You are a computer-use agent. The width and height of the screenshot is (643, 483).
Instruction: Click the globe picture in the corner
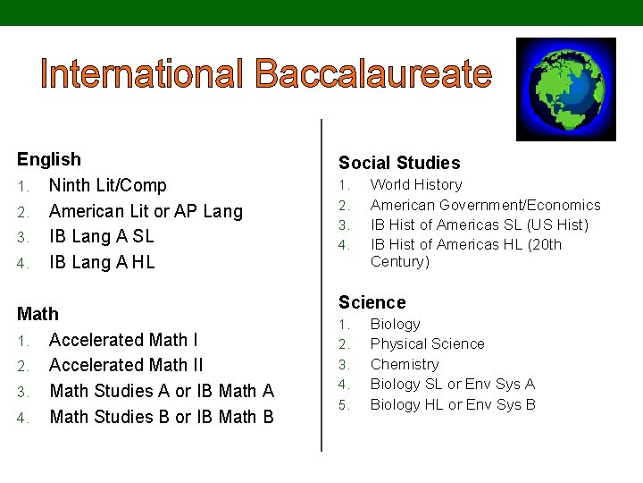pyautogui.click(x=566, y=89)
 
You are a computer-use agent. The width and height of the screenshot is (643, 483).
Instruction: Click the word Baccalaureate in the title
pyautogui.click(x=373, y=74)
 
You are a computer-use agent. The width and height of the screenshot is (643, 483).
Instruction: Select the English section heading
pyautogui.click(x=49, y=159)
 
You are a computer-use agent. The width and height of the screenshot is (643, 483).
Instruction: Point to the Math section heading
pyautogui.click(x=38, y=314)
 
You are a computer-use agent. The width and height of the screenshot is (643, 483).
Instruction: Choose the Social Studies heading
pyautogui.click(x=399, y=163)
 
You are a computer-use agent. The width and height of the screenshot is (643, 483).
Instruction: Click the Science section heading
pyautogui.click(x=372, y=302)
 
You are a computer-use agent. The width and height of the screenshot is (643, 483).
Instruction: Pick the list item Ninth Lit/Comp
pyautogui.click(x=107, y=185)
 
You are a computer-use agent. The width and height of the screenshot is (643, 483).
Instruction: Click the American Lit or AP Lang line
pyautogui.click(x=146, y=211)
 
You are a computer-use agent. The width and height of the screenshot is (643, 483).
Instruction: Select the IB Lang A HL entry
pyautogui.click(x=102, y=262)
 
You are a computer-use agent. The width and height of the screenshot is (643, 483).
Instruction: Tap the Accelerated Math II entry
pyautogui.click(x=126, y=365)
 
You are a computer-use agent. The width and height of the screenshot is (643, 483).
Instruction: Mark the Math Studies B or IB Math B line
pyautogui.click(x=162, y=417)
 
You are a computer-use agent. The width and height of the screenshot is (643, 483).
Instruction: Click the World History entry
pyautogui.click(x=416, y=184)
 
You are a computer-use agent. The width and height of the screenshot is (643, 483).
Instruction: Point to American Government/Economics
pyautogui.click(x=486, y=205)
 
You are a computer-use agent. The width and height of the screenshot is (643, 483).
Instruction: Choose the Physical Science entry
pyautogui.click(x=427, y=343)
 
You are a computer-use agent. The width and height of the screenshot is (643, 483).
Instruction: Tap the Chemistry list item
pyautogui.click(x=405, y=364)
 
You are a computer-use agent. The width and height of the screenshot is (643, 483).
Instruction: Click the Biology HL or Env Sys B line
pyautogui.click(x=453, y=404)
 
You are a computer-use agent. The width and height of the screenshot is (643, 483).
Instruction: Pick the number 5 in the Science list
pyautogui.click(x=344, y=404)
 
